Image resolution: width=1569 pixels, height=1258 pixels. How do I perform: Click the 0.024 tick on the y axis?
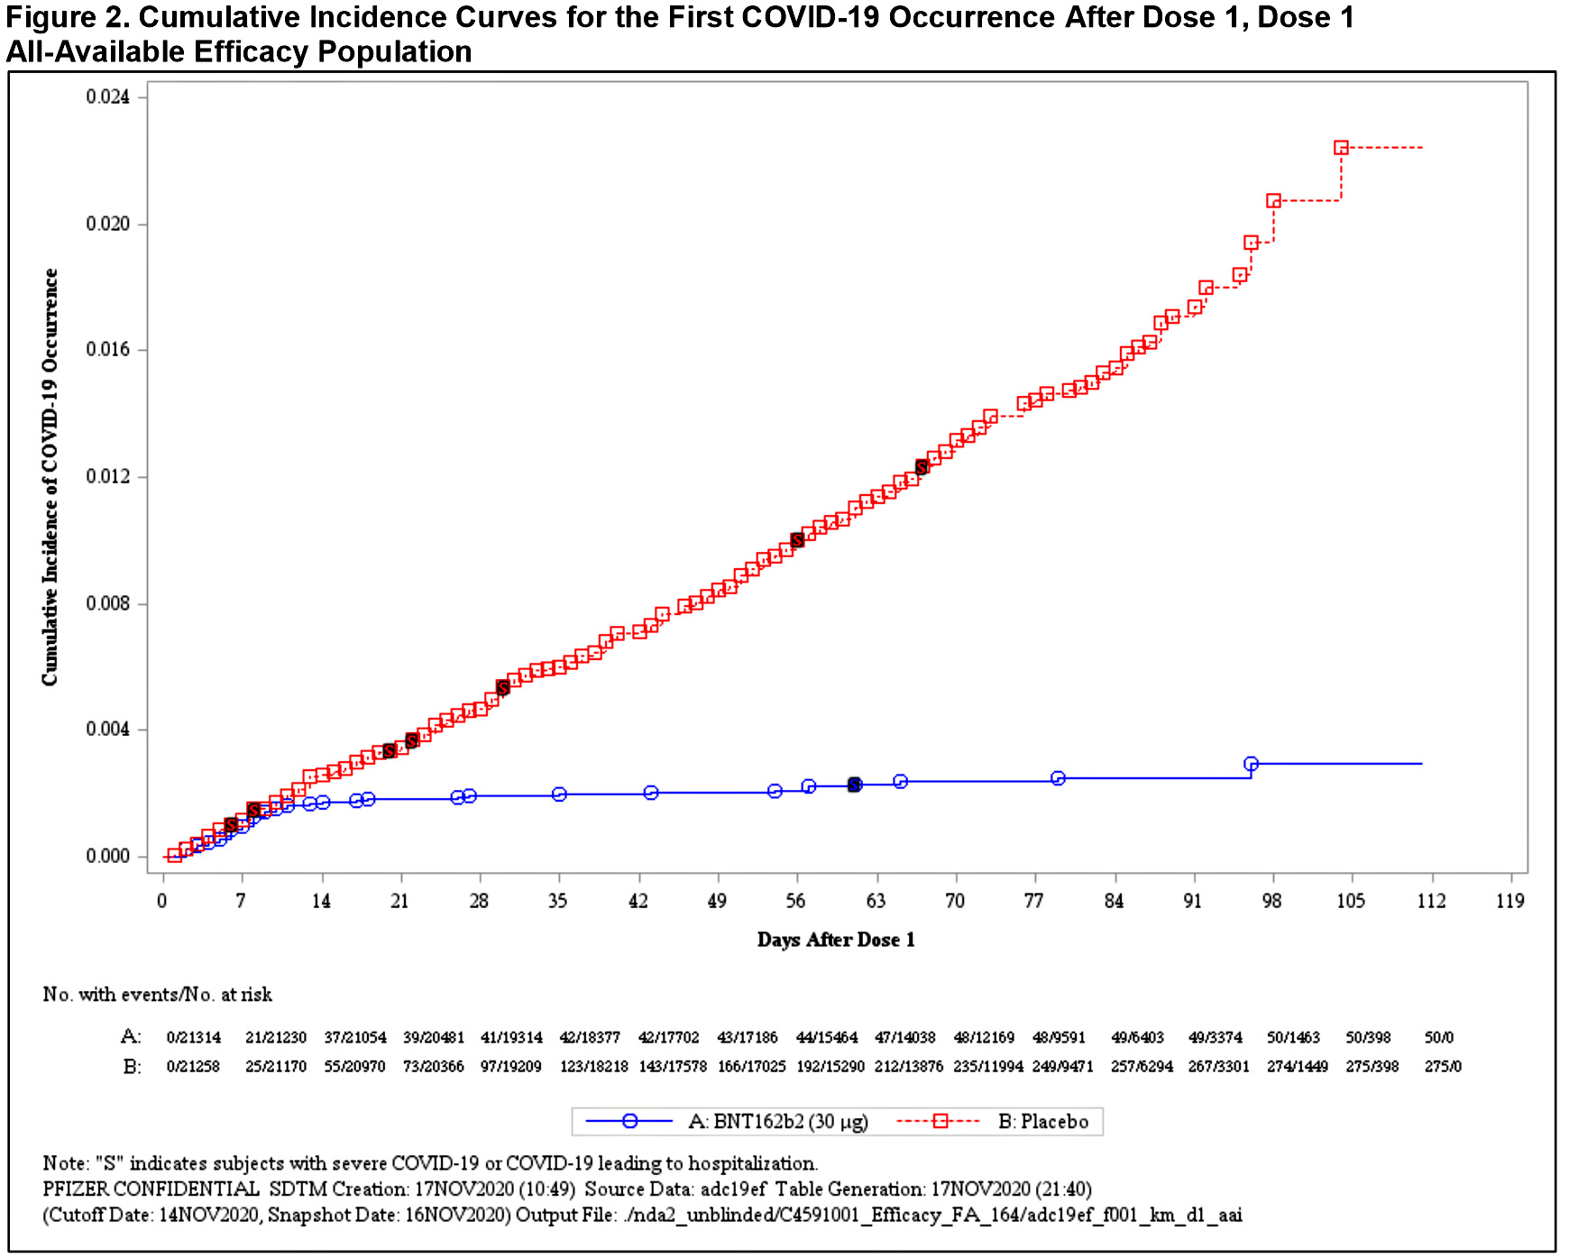(x=107, y=96)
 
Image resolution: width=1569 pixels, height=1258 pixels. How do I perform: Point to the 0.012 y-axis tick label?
(x=107, y=476)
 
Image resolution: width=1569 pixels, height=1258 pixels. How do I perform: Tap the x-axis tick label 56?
(x=795, y=901)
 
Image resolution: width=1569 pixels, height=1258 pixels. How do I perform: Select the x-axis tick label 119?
(x=1509, y=901)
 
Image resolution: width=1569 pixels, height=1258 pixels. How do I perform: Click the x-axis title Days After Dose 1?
(x=836, y=940)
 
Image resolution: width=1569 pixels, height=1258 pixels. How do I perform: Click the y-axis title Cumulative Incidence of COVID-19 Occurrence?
(x=50, y=477)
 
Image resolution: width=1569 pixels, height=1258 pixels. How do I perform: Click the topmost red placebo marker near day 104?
(x=1341, y=148)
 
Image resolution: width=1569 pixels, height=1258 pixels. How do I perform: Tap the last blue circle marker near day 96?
(x=1251, y=764)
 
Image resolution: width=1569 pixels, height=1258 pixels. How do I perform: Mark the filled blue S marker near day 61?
(x=854, y=785)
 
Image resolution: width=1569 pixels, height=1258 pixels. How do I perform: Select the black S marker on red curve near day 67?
(x=922, y=466)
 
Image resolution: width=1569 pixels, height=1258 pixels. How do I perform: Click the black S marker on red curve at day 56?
(x=797, y=540)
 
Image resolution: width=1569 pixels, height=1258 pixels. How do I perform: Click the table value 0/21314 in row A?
(x=193, y=1038)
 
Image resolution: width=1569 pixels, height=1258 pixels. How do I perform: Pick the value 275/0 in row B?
(x=1443, y=1067)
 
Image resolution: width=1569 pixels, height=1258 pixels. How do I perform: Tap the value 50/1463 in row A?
(x=1293, y=1038)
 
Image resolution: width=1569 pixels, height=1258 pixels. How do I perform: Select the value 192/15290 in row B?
(x=830, y=1067)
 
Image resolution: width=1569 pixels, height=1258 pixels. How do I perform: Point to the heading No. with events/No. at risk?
(x=157, y=995)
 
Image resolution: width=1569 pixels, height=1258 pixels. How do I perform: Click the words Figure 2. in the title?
(x=67, y=17)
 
